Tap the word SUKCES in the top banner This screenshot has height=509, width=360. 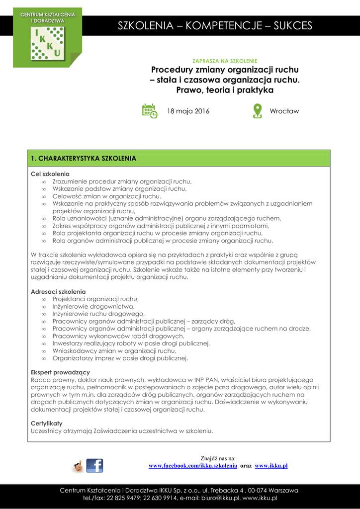[x=293, y=26]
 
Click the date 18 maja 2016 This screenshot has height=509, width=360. [x=188, y=111]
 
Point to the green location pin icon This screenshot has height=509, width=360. [x=257, y=110]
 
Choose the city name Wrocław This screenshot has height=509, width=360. [x=284, y=111]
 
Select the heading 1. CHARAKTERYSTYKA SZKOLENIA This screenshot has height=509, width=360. [x=84, y=159]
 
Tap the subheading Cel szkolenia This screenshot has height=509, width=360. [x=50, y=174]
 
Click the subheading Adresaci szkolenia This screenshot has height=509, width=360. [x=58, y=291]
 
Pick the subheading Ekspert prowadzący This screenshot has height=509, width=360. [x=60, y=372]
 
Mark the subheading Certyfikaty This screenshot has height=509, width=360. [x=47, y=423]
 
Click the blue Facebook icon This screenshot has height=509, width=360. [x=94, y=466]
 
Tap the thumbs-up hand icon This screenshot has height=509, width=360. [x=78, y=466]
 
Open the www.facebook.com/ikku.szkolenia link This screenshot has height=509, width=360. [x=193, y=466]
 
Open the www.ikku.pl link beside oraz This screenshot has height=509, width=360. [x=271, y=466]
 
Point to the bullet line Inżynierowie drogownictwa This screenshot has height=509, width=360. [x=93, y=307]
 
